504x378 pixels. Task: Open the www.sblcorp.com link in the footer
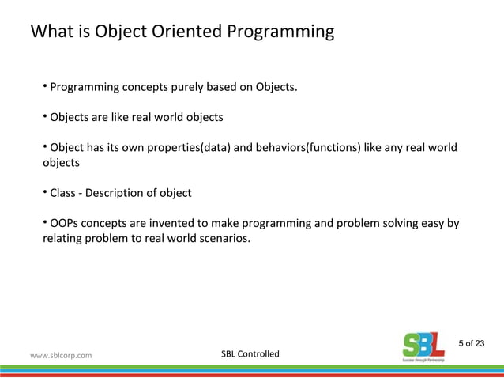[61, 355]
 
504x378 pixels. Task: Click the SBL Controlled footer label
[250, 353]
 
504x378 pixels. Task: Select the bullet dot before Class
[45, 192]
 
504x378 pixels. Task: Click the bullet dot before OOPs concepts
[45, 223]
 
